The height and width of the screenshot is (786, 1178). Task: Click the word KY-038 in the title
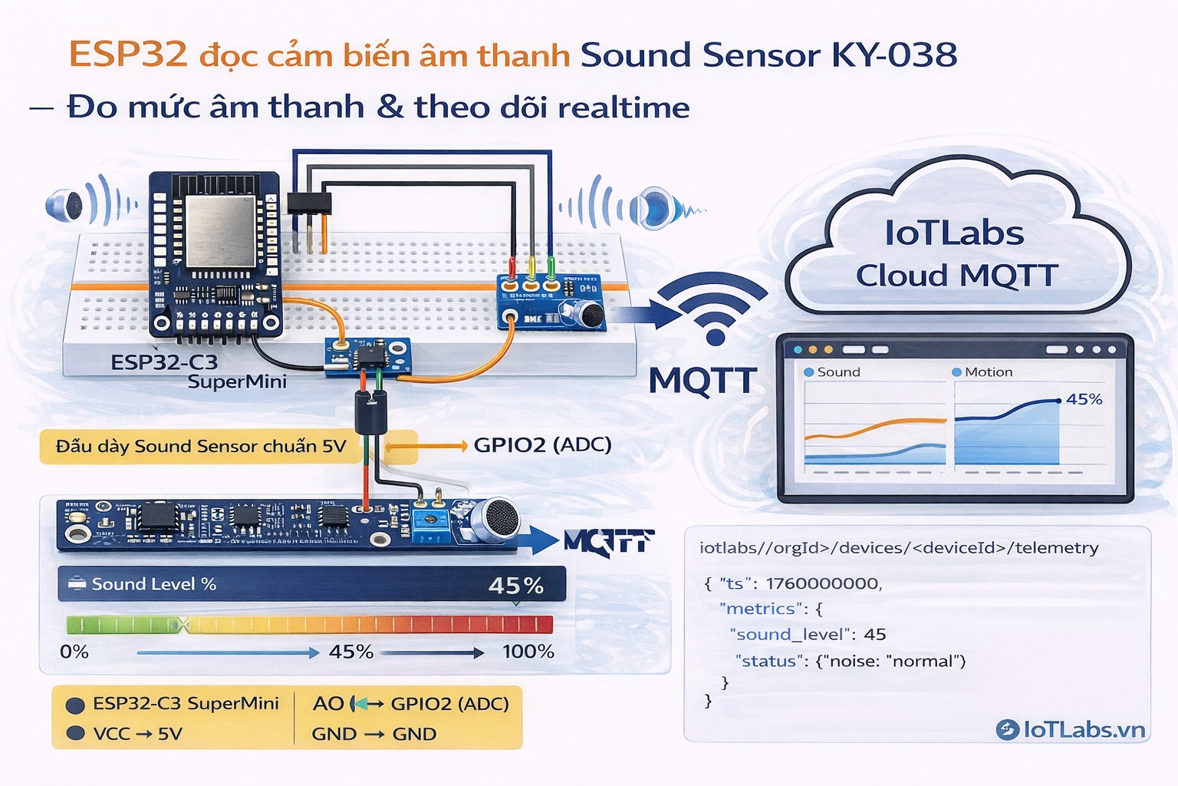pyautogui.click(x=894, y=55)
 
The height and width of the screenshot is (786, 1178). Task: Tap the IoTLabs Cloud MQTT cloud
pyautogui.click(x=956, y=253)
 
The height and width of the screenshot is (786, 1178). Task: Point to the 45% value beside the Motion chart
pyautogui.click(x=1084, y=399)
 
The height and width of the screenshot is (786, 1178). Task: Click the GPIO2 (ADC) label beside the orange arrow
pyautogui.click(x=542, y=445)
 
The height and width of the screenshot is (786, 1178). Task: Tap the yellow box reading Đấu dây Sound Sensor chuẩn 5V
pyautogui.click(x=201, y=447)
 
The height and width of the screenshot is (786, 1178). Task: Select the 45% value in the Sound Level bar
pyautogui.click(x=515, y=586)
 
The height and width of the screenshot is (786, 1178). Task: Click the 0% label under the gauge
pyautogui.click(x=74, y=652)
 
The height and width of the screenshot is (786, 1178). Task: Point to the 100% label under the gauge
pyautogui.click(x=528, y=652)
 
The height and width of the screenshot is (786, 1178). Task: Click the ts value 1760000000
pyautogui.click(x=823, y=583)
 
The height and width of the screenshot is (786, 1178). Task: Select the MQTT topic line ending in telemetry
pyautogui.click(x=898, y=548)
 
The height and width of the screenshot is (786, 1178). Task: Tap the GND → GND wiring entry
pyautogui.click(x=373, y=734)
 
